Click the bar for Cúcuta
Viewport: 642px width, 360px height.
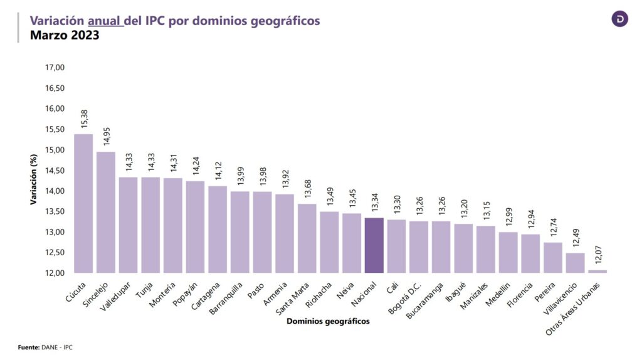click(83, 203)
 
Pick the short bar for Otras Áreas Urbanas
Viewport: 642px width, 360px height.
click(597, 271)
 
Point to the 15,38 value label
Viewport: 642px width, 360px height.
click(84, 119)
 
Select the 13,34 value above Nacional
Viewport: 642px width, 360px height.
click(374, 203)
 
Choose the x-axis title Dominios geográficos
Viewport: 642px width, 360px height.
click(327, 321)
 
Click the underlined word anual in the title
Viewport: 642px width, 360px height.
click(106, 21)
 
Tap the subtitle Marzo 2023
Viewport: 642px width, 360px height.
click(65, 35)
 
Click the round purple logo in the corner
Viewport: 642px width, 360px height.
click(619, 19)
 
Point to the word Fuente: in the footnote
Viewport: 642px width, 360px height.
click(28, 346)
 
